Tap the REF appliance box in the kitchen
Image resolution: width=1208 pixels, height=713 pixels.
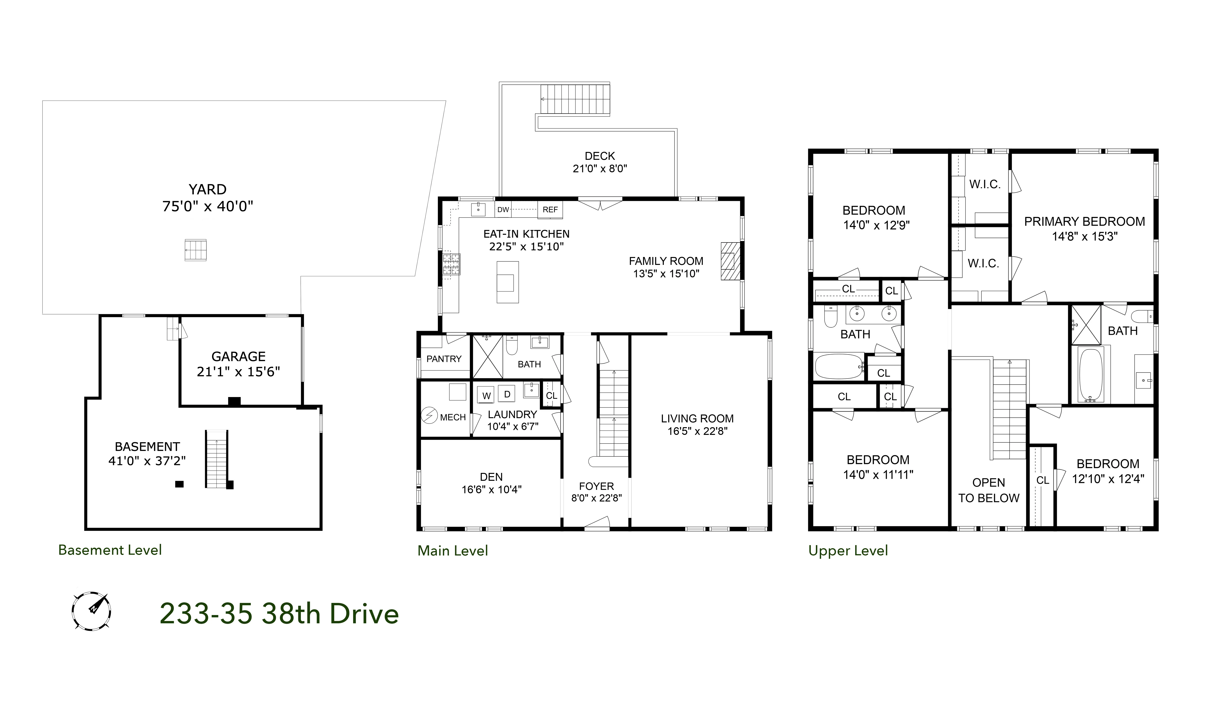pos(550,210)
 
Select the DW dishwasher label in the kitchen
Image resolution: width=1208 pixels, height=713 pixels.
pos(503,210)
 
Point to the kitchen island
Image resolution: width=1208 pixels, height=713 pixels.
pos(507,282)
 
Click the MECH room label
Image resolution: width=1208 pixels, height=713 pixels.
pos(453,417)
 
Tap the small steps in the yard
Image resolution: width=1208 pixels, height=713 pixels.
pos(196,250)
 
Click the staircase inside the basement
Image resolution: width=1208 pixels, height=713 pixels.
pos(216,459)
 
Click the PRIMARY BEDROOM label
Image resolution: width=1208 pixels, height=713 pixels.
pos(1084,221)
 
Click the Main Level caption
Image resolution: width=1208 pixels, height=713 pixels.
pos(453,551)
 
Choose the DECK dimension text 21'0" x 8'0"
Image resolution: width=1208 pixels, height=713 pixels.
pos(600,169)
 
